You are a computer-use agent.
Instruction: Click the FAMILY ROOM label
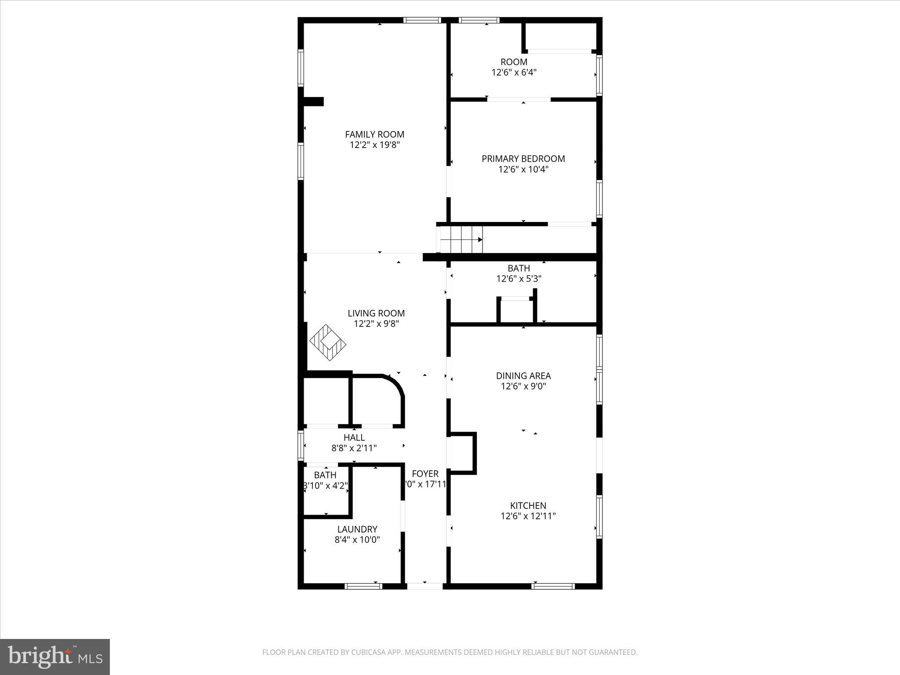[374, 134]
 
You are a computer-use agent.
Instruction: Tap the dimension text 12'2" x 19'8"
[374, 145]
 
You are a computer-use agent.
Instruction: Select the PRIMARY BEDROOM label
[523, 159]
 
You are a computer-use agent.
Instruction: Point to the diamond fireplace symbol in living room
[328, 342]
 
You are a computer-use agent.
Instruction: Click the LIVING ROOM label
[376, 313]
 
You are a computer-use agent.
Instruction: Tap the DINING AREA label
[523, 376]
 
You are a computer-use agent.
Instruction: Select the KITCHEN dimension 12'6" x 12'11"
[528, 516]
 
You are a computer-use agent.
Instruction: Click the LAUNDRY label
[357, 529]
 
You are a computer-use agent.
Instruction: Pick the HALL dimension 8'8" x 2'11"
[354, 448]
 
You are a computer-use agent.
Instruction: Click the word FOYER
[425, 474]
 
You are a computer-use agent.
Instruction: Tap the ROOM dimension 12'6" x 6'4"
[514, 73]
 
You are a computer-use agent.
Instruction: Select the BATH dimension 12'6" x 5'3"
[519, 279]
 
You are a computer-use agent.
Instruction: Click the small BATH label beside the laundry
[325, 475]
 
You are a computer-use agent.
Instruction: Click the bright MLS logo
[55, 657]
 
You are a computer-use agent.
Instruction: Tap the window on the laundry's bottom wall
[363, 586]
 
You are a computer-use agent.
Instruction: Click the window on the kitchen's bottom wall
[553, 586]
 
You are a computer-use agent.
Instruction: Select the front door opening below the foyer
[425, 586]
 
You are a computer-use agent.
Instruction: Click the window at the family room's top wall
[422, 20]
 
